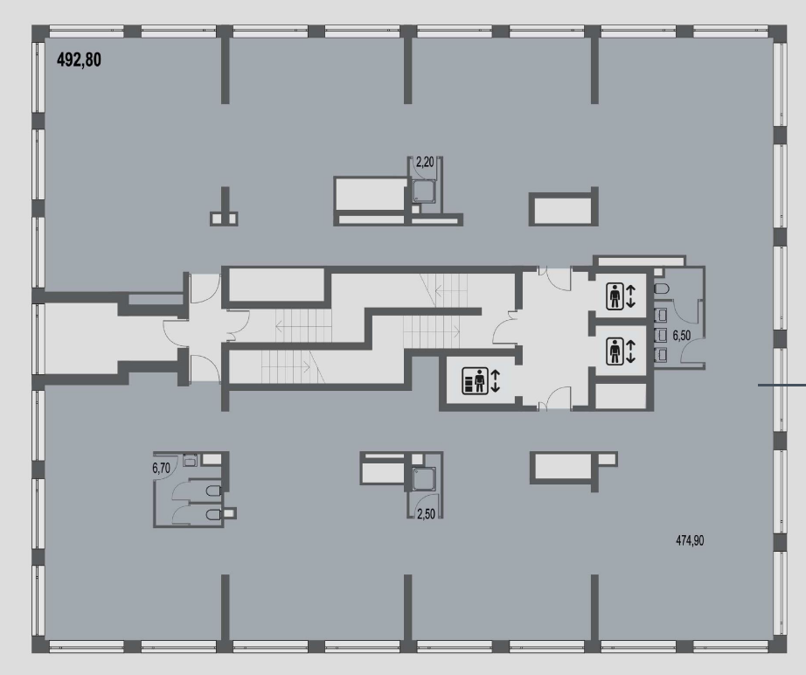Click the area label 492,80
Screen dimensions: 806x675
point(79,60)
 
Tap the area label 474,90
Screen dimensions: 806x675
point(690,540)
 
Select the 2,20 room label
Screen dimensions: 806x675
point(425,163)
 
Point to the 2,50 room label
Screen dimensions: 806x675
point(426,513)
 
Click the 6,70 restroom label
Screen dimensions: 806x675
point(161,468)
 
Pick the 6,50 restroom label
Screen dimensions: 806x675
point(682,336)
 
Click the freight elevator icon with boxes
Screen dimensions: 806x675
point(475,380)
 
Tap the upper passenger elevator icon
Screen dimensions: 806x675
point(615,296)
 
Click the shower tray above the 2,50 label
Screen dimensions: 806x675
point(425,478)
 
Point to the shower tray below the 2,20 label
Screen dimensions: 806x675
point(424,191)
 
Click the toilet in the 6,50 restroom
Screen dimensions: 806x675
point(661,289)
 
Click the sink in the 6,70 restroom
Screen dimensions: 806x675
point(191,460)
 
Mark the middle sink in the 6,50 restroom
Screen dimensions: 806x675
point(661,335)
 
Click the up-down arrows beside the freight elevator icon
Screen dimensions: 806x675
point(495,380)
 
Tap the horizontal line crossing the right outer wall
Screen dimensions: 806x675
point(782,385)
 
